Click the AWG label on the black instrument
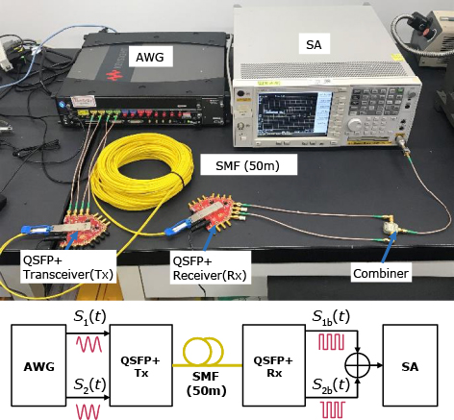click(x=150, y=57)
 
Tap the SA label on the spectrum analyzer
click(x=314, y=44)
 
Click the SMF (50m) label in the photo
click(x=247, y=165)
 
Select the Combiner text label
click(x=381, y=273)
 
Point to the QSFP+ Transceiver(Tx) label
click(x=68, y=267)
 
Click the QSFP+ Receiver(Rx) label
click(x=210, y=268)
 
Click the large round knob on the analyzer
click(x=355, y=124)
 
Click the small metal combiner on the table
click(x=391, y=229)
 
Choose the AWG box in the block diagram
click(x=38, y=365)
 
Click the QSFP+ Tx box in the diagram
click(x=141, y=365)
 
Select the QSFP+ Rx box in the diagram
click(x=274, y=365)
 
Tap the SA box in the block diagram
click(x=410, y=365)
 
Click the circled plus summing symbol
click(x=358, y=365)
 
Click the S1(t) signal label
click(x=89, y=316)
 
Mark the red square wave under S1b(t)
click(x=332, y=341)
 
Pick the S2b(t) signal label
click(x=331, y=384)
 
